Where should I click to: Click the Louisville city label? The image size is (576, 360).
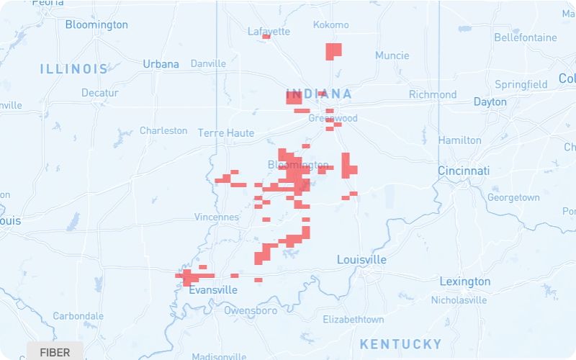pyautogui.click(x=361, y=260)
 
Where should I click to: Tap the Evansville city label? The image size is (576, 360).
pyautogui.click(x=213, y=290)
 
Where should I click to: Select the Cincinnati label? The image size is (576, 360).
pyautogui.click(x=464, y=171)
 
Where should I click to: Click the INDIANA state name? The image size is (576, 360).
pyautogui.click(x=319, y=94)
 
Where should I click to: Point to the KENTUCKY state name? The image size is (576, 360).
pyautogui.click(x=400, y=343)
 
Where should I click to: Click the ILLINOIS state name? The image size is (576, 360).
pyautogui.click(x=74, y=69)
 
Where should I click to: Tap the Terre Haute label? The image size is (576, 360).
pyautogui.click(x=226, y=133)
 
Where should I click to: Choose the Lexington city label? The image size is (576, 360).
pyautogui.click(x=465, y=282)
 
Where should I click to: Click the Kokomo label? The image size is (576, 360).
pyautogui.click(x=331, y=25)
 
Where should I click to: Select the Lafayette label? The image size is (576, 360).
pyautogui.click(x=269, y=32)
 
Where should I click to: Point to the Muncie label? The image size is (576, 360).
pyautogui.click(x=392, y=55)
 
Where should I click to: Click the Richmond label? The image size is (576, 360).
pyautogui.click(x=433, y=94)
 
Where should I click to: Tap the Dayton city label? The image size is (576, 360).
pyautogui.click(x=490, y=102)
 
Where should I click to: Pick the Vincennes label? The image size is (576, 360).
pyautogui.click(x=216, y=217)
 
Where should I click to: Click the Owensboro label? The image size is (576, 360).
pyautogui.click(x=251, y=311)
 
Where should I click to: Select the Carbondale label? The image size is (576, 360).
pyautogui.click(x=78, y=316)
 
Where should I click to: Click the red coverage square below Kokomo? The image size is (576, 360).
pyautogui.click(x=333, y=51)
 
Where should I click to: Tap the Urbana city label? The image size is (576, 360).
pyautogui.click(x=161, y=64)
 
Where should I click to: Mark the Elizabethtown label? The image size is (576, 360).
pyautogui.click(x=353, y=320)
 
